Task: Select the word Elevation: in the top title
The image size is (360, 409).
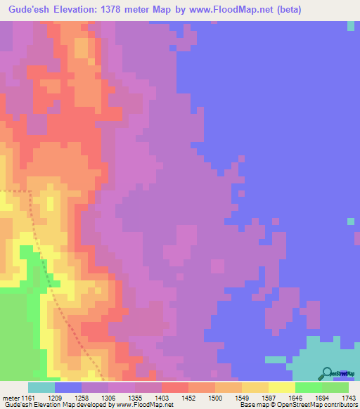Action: click(x=83, y=10)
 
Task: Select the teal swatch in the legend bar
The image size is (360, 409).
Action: click(x=41, y=388)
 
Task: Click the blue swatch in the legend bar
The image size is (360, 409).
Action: click(x=68, y=388)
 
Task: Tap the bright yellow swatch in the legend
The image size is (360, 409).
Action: click(x=282, y=388)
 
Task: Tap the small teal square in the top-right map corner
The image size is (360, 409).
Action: click(x=351, y=26)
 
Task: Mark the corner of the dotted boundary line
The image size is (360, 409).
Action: click(x=30, y=191)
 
